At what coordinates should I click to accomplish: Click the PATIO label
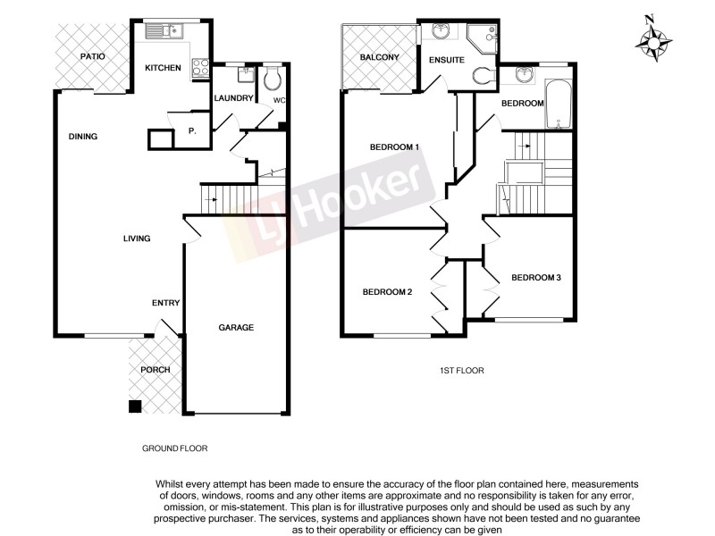point(93,56)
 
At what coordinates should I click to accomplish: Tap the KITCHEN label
point(164,68)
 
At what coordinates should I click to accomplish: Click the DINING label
point(82,137)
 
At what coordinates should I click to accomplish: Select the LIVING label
point(137,239)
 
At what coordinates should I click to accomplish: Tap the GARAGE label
point(236,328)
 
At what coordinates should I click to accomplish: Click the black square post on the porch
point(134,406)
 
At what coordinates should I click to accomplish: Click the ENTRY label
point(165,303)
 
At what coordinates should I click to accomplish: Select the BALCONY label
point(379,58)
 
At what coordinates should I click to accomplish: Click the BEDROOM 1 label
point(395,147)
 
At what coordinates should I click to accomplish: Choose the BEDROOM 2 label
point(387,292)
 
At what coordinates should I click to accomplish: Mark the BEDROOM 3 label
point(535,278)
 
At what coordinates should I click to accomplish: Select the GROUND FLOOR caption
point(175,448)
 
